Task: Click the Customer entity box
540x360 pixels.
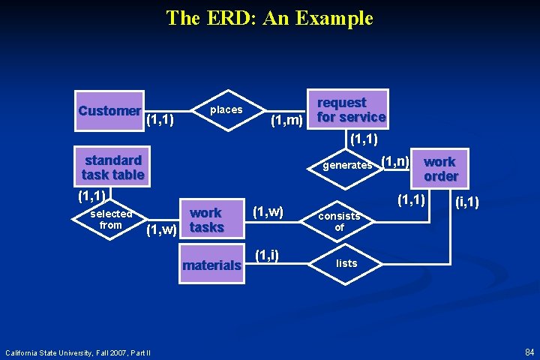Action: pos(109,111)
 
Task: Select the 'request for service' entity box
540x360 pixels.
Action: pos(350,109)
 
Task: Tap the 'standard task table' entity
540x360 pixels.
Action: pos(112,167)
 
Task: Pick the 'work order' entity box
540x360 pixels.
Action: pos(440,169)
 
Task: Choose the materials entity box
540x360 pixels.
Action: pos(212,265)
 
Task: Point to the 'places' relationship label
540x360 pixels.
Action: pos(226,109)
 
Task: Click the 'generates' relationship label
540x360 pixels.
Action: pos(347,165)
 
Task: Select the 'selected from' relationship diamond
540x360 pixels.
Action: pos(110,219)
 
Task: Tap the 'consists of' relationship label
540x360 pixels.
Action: pos(339,221)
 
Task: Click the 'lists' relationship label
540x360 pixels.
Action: pos(346,263)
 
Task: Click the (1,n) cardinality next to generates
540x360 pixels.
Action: pos(395,160)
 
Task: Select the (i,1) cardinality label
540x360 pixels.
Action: pos(467,202)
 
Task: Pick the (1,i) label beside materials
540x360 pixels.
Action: pos(267,255)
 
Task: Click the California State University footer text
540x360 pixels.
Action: pos(78,352)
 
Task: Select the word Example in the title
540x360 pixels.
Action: pos(335,17)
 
